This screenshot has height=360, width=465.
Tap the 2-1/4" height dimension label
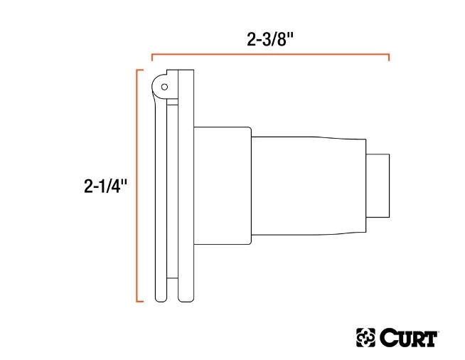(x=105, y=186)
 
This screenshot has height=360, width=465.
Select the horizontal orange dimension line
(x=270, y=54)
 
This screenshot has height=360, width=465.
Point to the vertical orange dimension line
(x=137, y=185)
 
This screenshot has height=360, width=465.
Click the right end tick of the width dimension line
(x=389, y=57)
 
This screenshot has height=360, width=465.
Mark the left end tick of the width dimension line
(x=151, y=57)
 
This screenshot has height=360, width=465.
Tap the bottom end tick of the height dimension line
(x=139, y=301)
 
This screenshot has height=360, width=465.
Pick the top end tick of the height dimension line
(x=139, y=70)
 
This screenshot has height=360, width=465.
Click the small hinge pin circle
(x=164, y=87)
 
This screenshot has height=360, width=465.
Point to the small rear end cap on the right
(x=378, y=185)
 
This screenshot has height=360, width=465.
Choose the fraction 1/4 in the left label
(x=112, y=186)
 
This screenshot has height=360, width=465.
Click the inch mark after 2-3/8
(x=292, y=37)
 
